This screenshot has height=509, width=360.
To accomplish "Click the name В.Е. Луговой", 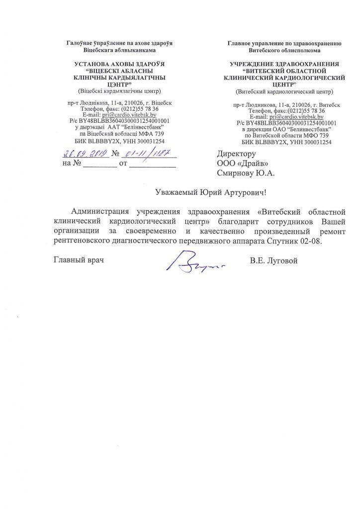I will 274,261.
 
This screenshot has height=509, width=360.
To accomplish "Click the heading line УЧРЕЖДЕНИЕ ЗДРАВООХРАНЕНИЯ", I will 284,64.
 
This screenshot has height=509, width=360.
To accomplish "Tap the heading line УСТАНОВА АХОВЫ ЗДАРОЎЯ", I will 119,64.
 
